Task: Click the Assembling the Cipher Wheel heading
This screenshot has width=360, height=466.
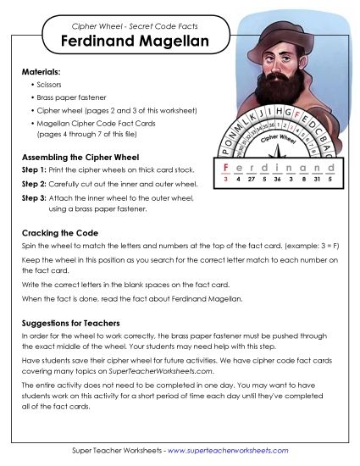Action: (77, 157)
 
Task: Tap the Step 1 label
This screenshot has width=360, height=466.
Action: (31, 170)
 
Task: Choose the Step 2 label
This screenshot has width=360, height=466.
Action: (31, 184)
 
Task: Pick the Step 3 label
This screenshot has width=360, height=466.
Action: (31, 197)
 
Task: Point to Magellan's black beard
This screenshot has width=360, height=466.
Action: (269, 98)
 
